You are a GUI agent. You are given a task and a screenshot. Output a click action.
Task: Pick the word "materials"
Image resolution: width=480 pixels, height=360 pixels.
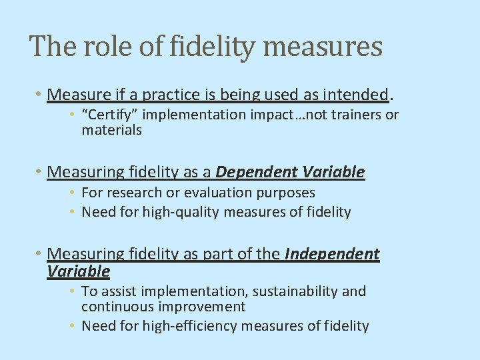coord(111,130)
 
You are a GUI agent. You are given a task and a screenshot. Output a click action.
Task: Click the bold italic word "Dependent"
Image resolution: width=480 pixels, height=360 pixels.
coord(257,172)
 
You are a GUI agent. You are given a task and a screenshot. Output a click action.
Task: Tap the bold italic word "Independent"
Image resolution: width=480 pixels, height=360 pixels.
coord(332,254)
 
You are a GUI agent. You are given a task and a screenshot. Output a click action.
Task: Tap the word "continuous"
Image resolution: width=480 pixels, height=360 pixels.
coord(113,307)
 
